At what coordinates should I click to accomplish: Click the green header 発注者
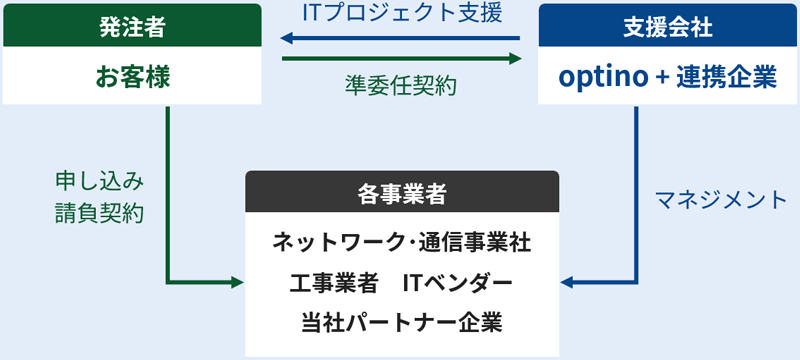[132, 27]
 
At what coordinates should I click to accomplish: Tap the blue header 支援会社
[668, 27]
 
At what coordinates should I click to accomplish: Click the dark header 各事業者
[402, 194]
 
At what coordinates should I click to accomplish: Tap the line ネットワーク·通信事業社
[401, 243]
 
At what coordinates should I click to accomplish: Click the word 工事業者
[331, 283]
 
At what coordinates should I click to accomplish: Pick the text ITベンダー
[457, 283]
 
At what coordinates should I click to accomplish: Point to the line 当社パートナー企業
[401, 322]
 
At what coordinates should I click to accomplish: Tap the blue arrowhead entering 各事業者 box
[566, 283]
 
